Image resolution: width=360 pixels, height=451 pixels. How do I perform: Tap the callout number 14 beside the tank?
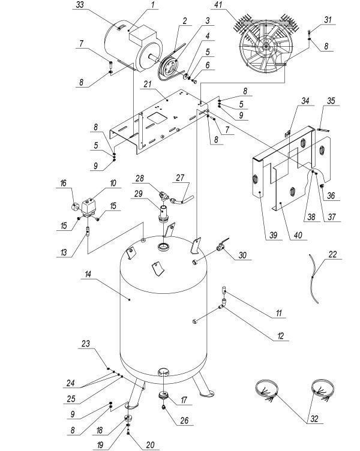89,273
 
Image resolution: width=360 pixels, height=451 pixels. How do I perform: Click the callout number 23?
86,344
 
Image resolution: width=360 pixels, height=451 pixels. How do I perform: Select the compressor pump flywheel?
264,50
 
